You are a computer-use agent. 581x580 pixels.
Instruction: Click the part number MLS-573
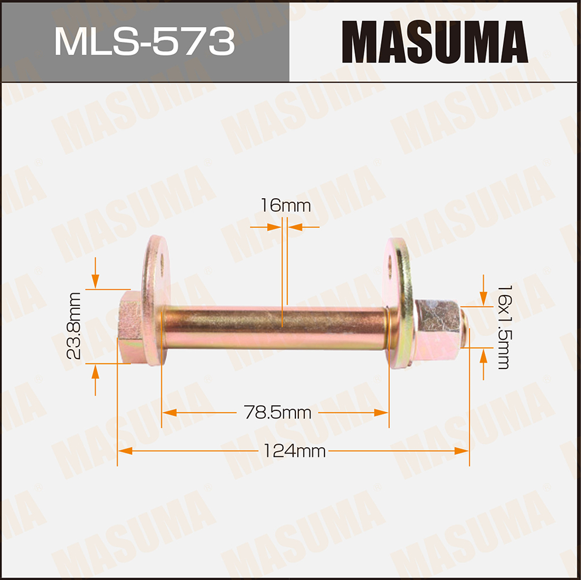coord(144,41)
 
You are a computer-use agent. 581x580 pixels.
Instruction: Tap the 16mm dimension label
coord(285,205)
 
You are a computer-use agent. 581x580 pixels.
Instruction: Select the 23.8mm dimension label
coord(74,326)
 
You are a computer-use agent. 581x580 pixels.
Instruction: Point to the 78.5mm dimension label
coord(277,413)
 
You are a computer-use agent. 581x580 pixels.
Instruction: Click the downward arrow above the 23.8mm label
coord(95,282)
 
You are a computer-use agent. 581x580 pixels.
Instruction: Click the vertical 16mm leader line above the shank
coord(284,262)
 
